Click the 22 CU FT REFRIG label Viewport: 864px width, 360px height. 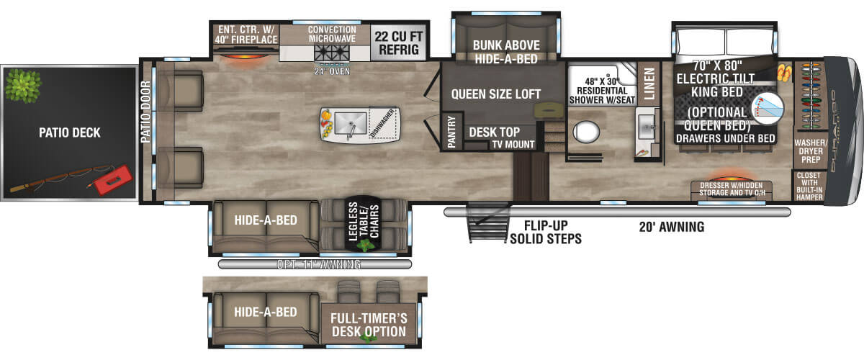coord(395,42)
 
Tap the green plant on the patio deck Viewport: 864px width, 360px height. coord(22,85)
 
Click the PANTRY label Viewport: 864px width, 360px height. coord(451,132)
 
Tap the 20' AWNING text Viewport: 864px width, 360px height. coord(671,228)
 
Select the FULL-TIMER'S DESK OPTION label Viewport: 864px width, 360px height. coord(368,325)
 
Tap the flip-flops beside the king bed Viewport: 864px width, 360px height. coord(784,73)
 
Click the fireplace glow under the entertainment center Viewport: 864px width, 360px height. coord(245,55)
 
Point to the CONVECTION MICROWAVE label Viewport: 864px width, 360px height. coord(332,35)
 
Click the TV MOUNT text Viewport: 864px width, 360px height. coord(513,145)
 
